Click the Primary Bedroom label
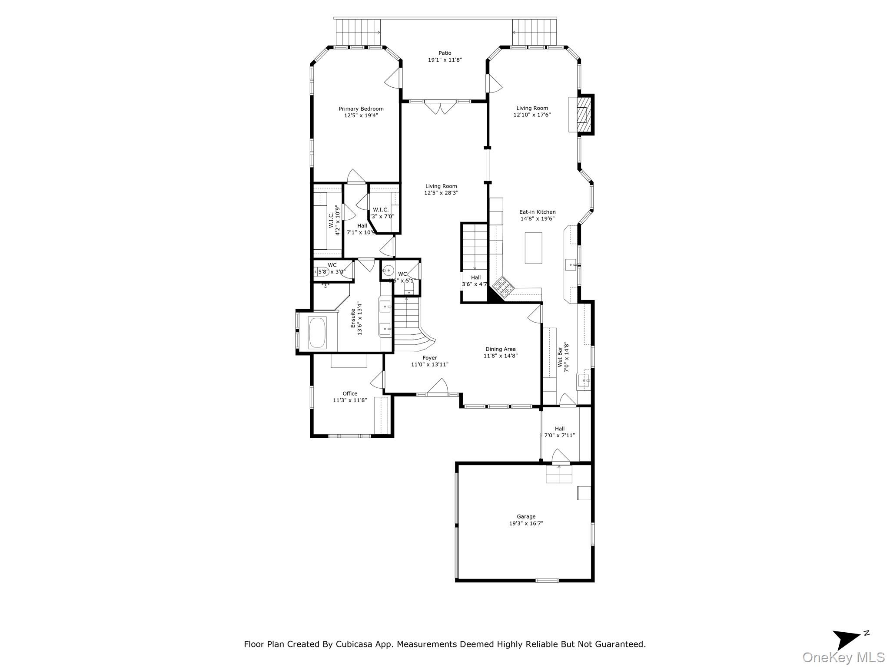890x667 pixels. point(361,109)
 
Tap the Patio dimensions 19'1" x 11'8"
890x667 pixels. point(445,60)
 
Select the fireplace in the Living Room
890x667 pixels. point(581,114)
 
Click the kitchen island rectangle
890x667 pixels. point(533,248)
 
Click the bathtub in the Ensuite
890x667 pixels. point(317,333)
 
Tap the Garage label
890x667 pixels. point(526,517)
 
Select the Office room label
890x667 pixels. point(350,394)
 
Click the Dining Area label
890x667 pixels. point(500,349)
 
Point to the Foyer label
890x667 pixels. point(430,358)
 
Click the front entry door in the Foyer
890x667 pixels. point(437,388)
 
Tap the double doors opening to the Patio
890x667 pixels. point(440,106)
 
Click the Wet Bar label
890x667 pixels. point(560,356)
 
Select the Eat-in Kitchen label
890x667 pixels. point(537,212)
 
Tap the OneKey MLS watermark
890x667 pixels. point(844,657)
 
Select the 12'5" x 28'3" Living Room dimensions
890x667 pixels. point(441,193)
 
